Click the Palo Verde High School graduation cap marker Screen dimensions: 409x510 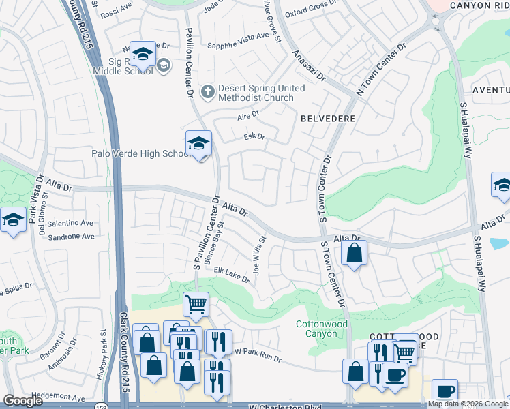[x=198, y=144]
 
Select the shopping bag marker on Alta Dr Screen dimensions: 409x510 [x=354, y=255]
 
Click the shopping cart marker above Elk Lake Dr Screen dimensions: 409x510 [x=196, y=304]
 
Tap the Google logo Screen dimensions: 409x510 [x=23, y=401]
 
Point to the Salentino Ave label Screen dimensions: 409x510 [x=70, y=223]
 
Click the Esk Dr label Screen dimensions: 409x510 [x=254, y=137]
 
